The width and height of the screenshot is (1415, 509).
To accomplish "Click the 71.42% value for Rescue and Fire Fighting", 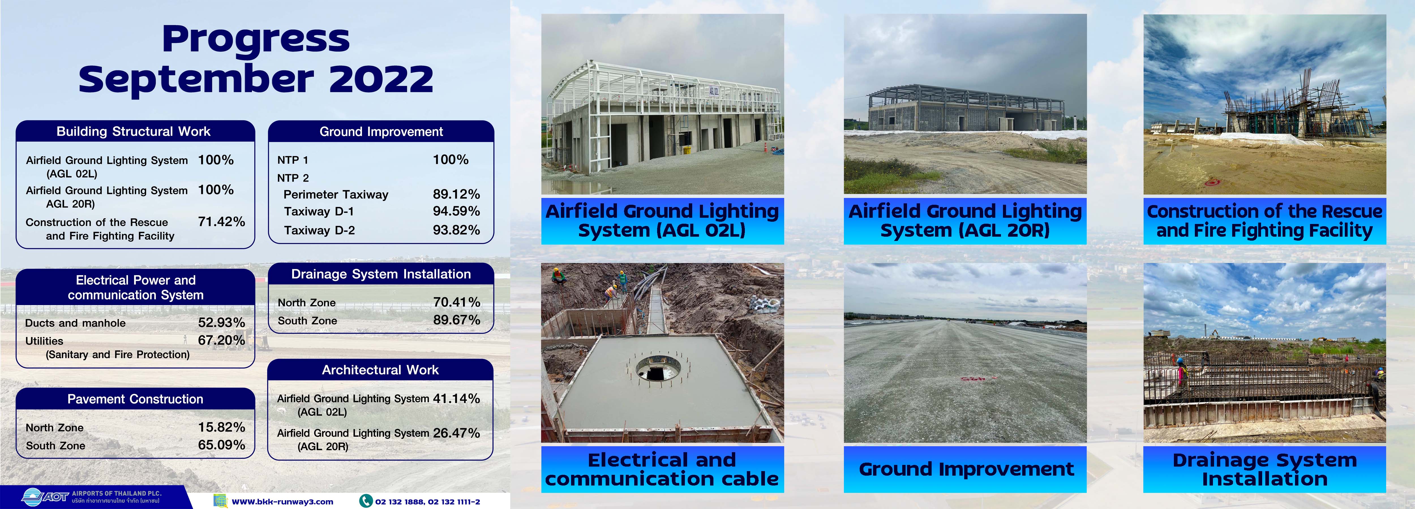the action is point(221,222).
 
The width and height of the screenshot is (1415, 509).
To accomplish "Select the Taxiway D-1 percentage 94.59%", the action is point(456,212).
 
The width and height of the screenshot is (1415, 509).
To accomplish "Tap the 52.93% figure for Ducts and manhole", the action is point(221,323).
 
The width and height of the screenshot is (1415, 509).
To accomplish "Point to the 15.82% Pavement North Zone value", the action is point(221,427).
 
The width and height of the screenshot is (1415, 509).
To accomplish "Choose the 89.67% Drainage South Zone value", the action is point(456,320).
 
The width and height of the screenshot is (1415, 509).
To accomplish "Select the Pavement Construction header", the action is point(135,399).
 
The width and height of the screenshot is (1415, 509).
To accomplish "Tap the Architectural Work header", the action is point(380,370).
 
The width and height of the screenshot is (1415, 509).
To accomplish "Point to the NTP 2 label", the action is point(293,178).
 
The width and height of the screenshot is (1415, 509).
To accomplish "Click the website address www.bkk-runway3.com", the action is point(282,501).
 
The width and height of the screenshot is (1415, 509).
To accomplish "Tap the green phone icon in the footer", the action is point(366,501).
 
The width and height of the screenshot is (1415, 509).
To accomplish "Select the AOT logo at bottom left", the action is point(46,497).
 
